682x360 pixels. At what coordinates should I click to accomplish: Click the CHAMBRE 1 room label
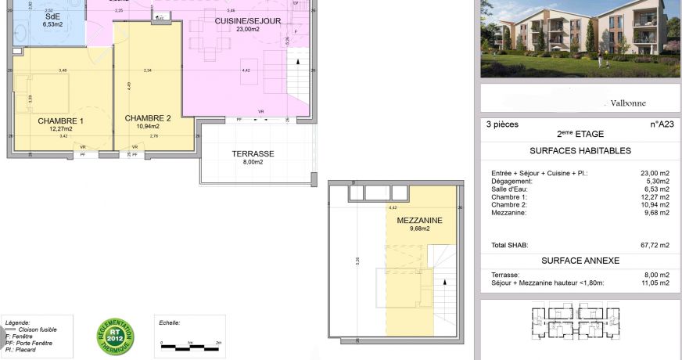click(60, 121)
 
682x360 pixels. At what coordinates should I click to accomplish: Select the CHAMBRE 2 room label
click(147, 118)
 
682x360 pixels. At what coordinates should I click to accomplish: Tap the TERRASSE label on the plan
click(253, 154)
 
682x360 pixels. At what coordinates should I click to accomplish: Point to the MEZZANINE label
click(419, 221)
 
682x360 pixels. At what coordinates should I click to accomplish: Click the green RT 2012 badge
click(115, 336)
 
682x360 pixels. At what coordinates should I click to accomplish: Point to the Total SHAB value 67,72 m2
click(654, 245)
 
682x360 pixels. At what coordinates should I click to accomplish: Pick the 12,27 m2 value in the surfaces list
click(655, 197)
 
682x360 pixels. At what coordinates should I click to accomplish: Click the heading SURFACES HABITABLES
click(580, 151)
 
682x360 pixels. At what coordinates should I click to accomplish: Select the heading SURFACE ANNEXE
click(580, 261)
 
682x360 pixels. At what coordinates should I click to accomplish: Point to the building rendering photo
click(580, 38)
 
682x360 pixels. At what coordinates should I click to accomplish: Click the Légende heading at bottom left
click(17, 322)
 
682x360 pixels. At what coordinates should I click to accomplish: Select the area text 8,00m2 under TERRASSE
click(253, 163)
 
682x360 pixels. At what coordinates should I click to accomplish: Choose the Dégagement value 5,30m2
click(655, 182)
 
